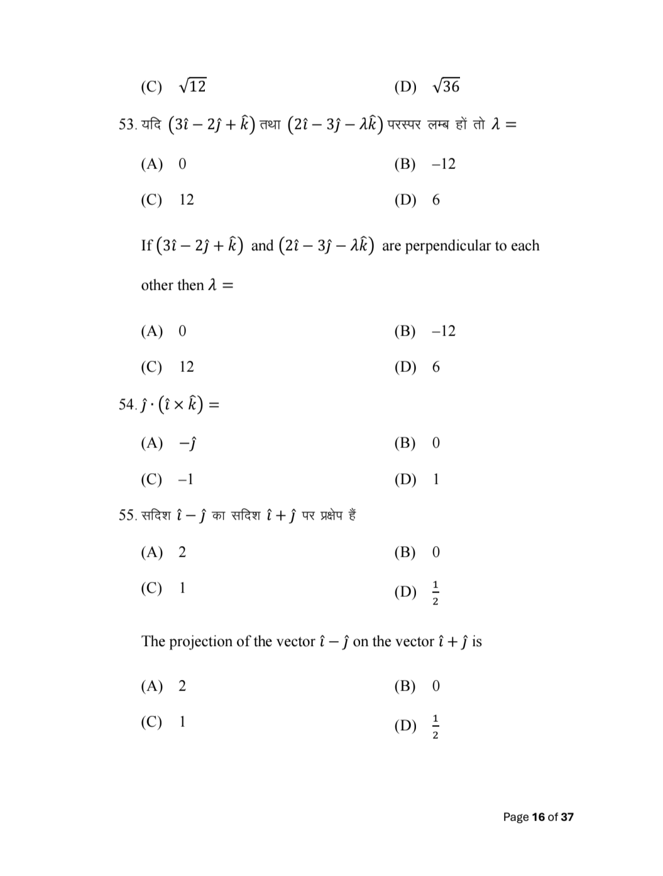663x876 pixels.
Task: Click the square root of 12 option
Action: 192,85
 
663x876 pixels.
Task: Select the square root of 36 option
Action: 446,85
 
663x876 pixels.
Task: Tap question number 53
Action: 127,124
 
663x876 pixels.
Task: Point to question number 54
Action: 127,405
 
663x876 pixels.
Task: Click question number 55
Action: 127,516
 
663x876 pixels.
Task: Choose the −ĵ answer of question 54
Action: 187,444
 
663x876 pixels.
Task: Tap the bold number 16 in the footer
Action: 538,817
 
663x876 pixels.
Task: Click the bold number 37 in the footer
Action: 567,817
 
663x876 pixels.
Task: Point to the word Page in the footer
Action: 516,817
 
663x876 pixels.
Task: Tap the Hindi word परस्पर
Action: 403,124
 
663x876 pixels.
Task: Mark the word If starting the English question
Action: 146,246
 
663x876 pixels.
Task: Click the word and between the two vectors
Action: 262,246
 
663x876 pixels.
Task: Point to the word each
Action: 525,246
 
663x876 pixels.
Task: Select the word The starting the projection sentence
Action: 153,642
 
